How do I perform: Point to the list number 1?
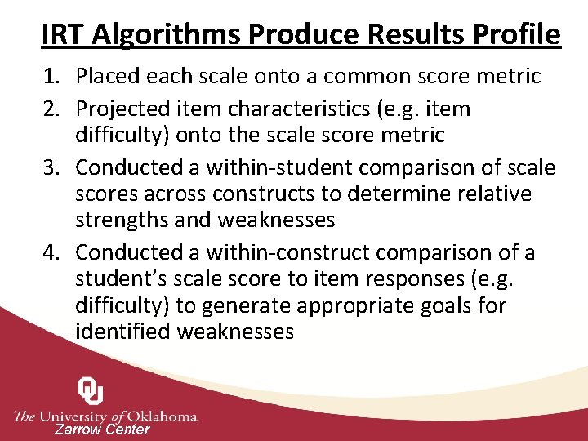[51, 77]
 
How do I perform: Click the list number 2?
[51, 109]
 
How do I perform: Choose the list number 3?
[51, 167]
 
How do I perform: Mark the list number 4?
[51, 253]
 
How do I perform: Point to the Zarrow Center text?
[102, 430]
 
